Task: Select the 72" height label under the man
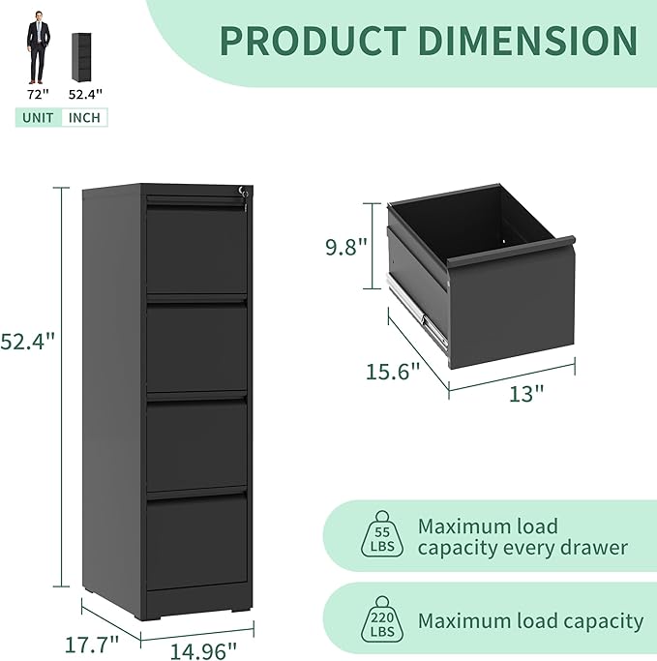point(38,95)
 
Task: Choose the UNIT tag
point(38,117)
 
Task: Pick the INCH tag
point(85,117)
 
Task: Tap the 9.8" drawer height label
point(346,247)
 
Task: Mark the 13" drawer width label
point(526,392)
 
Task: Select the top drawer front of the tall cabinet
point(197,250)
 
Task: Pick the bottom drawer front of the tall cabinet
point(197,542)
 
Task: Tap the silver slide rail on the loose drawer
point(419,312)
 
